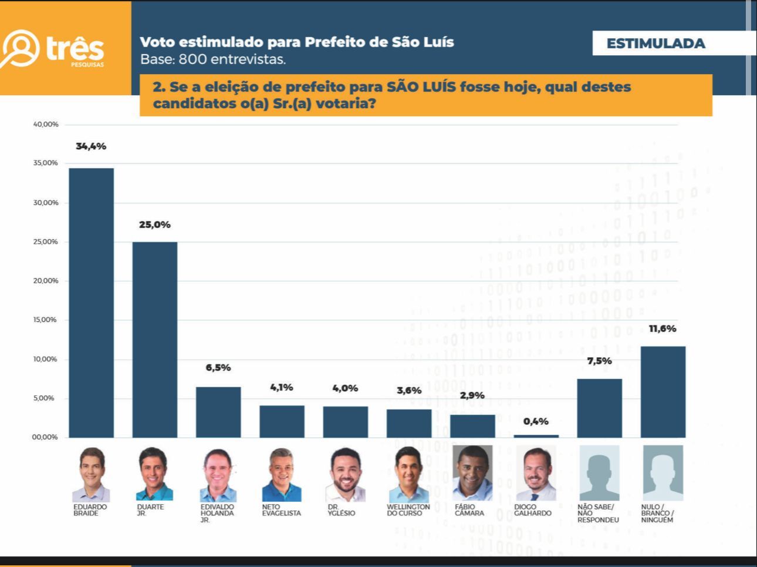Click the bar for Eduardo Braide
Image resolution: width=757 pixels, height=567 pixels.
click(x=92, y=303)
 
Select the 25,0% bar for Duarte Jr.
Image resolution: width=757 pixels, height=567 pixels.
click(x=155, y=340)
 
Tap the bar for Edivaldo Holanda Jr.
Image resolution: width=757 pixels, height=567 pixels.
click(x=218, y=412)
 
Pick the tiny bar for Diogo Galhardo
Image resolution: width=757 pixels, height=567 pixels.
click(x=536, y=436)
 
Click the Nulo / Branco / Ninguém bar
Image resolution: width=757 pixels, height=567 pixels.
click(x=663, y=392)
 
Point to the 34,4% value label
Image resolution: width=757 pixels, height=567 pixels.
click(x=91, y=146)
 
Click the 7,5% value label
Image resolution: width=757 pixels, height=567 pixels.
click(x=599, y=361)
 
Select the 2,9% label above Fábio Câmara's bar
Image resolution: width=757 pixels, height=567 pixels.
click(x=472, y=395)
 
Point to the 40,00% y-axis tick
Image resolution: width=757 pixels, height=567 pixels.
click(x=46, y=125)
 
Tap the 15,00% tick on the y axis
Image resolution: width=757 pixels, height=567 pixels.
click(x=46, y=320)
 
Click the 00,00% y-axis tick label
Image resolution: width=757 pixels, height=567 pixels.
click(x=46, y=437)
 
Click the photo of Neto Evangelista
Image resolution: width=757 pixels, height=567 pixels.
click(x=281, y=474)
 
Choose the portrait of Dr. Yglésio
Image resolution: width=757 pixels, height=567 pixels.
click(x=345, y=474)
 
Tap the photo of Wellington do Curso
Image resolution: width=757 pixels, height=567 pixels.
click(x=408, y=474)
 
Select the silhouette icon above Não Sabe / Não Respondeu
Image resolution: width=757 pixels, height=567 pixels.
click(x=599, y=473)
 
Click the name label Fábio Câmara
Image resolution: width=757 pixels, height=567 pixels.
click(x=469, y=510)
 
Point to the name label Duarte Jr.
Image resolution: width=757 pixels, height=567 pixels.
click(x=150, y=510)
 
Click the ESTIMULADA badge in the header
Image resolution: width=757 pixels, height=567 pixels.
click(x=655, y=43)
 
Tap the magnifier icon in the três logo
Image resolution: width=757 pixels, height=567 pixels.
click(x=21, y=48)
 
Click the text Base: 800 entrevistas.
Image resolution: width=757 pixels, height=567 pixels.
click(x=213, y=59)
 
